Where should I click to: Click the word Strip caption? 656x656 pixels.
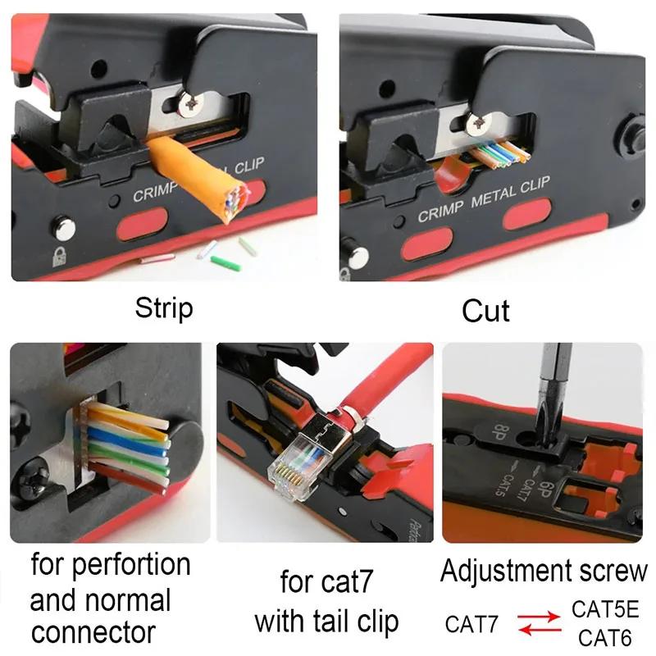point(164,309)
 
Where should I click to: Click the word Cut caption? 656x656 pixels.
point(485,311)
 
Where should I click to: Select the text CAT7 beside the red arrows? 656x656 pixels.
point(471,625)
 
